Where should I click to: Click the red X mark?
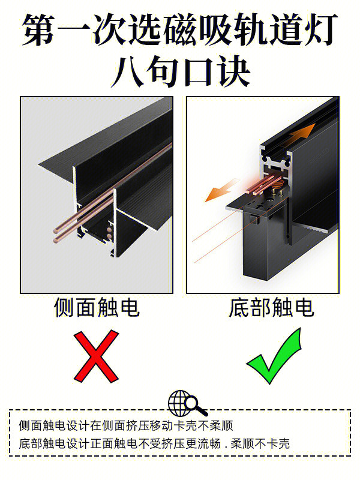pyautogui.click(x=96, y=356)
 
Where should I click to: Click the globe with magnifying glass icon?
pyautogui.click(x=187, y=403)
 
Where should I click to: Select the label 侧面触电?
pyautogui.click(x=97, y=307)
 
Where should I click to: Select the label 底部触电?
pyautogui.click(x=271, y=307)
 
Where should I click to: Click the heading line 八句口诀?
pyautogui.click(x=181, y=71)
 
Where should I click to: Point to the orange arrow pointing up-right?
pyautogui.click(x=298, y=134)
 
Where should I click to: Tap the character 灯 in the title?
pyautogui.click(x=320, y=29)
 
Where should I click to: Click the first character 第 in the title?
pyautogui.click(x=39, y=29)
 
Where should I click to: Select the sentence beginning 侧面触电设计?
pyautogui.click(x=126, y=425)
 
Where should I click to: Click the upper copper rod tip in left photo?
pyautogui.click(x=56, y=230)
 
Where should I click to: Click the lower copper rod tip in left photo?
pyautogui.click(x=56, y=241)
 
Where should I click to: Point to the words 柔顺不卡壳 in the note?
pyautogui.click(x=260, y=443)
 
